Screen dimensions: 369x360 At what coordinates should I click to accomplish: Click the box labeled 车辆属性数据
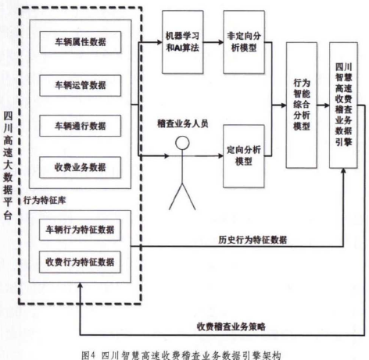pyautogui.click(x=81, y=42)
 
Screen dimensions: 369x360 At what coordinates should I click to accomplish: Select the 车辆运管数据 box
pyautogui.click(x=81, y=85)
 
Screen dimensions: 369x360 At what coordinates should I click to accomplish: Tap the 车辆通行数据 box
pyautogui.click(x=81, y=126)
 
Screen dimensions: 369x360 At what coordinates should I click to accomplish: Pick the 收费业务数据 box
pyautogui.click(x=81, y=167)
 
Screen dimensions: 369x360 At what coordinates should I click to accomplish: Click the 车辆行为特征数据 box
pyautogui.click(x=80, y=230)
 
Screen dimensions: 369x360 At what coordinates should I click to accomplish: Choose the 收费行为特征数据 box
pyautogui.click(x=80, y=262)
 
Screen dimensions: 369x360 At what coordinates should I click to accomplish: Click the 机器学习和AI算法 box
pyautogui.click(x=183, y=42)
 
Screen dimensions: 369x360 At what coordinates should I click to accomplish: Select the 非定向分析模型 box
pyautogui.click(x=244, y=42)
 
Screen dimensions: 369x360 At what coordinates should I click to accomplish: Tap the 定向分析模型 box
pyautogui.click(x=244, y=156)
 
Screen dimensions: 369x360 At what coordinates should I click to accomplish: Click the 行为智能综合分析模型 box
pyautogui.click(x=302, y=105)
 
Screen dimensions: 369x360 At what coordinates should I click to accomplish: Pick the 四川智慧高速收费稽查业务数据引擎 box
pyautogui.click(x=343, y=105)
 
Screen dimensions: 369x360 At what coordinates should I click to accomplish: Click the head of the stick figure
pyautogui.click(x=182, y=143)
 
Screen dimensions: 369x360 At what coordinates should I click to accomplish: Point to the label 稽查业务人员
pyautogui.click(x=183, y=123)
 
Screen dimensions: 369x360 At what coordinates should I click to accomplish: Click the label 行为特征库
pyautogui.click(x=45, y=200)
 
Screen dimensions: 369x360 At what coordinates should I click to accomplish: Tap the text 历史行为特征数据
pyautogui.click(x=253, y=240)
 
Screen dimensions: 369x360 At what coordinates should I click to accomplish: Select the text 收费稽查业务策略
pyautogui.click(x=231, y=326)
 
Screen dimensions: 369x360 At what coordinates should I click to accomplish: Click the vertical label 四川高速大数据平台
pyautogui.click(x=8, y=166)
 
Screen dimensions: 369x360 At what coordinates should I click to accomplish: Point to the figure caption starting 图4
pyautogui.click(x=181, y=355)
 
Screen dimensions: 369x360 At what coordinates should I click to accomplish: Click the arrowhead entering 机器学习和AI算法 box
pyautogui.click(x=159, y=42)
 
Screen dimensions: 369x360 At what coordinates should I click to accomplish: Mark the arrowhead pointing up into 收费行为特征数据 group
pyautogui.click(x=81, y=285)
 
